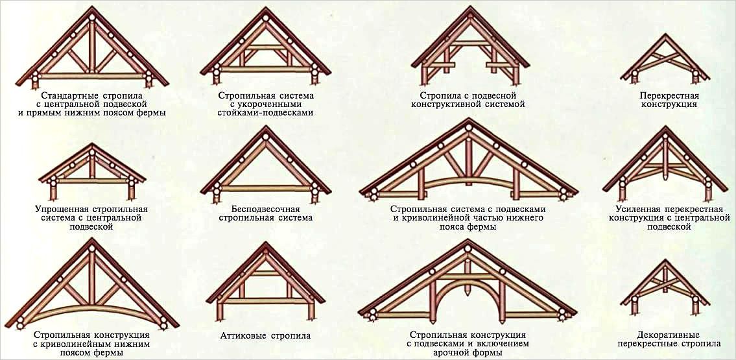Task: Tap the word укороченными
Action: [x=266, y=104]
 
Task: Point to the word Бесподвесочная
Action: [x=266, y=210]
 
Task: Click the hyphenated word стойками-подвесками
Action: [x=266, y=113]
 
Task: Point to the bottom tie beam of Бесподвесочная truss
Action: [x=266, y=188]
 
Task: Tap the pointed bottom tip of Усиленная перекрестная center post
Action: [x=665, y=181]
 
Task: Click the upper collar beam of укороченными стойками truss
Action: [x=266, y=47]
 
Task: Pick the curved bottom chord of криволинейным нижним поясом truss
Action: [x=92, y=308]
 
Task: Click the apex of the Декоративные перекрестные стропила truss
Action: [x=665, y=259]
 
